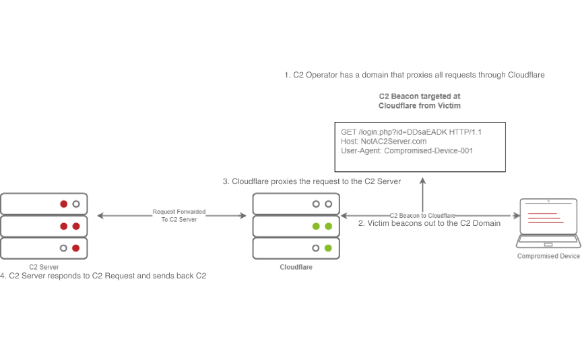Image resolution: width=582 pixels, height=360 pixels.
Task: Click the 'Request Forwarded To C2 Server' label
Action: pos(179,215)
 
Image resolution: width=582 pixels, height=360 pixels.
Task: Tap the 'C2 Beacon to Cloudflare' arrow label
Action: pos(422,214)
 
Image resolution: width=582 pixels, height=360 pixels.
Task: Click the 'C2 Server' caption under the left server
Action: pos(44,267)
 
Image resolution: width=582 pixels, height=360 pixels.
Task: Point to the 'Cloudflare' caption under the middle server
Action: pos(296,267)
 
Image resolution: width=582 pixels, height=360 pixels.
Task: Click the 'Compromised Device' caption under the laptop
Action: pos(548,256)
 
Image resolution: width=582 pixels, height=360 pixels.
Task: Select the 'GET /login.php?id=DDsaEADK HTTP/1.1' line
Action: pos(411,132)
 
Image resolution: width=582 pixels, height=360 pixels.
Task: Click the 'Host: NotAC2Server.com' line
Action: pos(384,142)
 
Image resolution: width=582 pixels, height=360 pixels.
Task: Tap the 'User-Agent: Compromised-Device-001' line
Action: pos(407,151)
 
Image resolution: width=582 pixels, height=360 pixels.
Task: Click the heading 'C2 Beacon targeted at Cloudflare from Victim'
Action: pos(420,101)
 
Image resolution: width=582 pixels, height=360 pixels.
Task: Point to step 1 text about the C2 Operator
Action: pos(414,75)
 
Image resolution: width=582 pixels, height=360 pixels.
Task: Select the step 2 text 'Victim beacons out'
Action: pos(429,222)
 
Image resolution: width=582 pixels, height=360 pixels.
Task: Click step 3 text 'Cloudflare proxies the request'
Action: pos(312,181)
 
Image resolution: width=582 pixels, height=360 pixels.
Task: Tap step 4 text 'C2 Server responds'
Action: pos(103,276)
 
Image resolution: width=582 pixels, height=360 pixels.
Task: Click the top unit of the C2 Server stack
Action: pos(44,203)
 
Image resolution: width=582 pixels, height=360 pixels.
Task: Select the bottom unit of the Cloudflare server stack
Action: pos(296,248)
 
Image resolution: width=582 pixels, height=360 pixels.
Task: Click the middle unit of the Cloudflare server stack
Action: pos(296,226)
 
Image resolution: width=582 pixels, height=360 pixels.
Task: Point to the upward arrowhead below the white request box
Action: pos(423,181)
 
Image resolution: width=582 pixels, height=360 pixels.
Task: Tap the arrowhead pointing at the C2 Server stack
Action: pos(100,215)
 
